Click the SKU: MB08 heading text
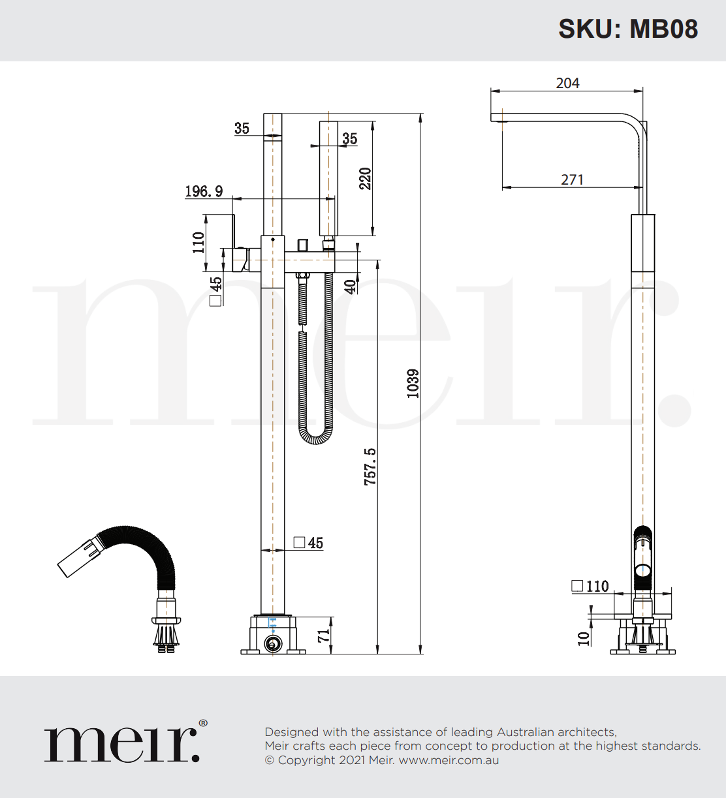[628, 29]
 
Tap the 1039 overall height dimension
[413, 384]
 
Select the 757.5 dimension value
[370, 466]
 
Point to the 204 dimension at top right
[567, 83]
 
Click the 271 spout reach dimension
[572, 179]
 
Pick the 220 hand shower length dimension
[365, 178]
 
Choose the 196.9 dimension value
[204, 191]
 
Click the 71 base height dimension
[324, 636]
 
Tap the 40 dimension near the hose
[351, 286]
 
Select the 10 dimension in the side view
[584, 637]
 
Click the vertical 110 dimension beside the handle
[198, 242]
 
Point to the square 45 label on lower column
[309, 543]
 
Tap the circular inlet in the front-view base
[272, 645]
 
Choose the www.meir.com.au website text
[449, 760]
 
